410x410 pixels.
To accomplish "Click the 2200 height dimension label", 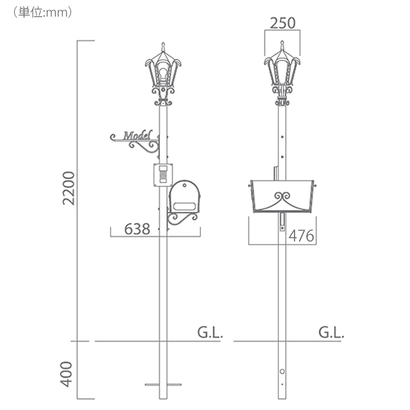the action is tap(68, 188).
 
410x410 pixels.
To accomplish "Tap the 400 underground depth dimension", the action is tap(67, 374).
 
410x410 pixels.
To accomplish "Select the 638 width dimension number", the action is tap(137, 229).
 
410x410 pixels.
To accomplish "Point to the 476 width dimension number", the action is tap(301, 236).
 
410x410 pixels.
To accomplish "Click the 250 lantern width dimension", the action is tap(282, 23).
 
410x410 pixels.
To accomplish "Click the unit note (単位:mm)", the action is tap(42, 13).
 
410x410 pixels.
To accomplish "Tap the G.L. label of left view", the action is tap(210, 333).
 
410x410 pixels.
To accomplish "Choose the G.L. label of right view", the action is tap(331, 333).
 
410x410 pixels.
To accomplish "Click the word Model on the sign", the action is tap(138, 135).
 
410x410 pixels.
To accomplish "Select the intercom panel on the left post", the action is tap(163, 175).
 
